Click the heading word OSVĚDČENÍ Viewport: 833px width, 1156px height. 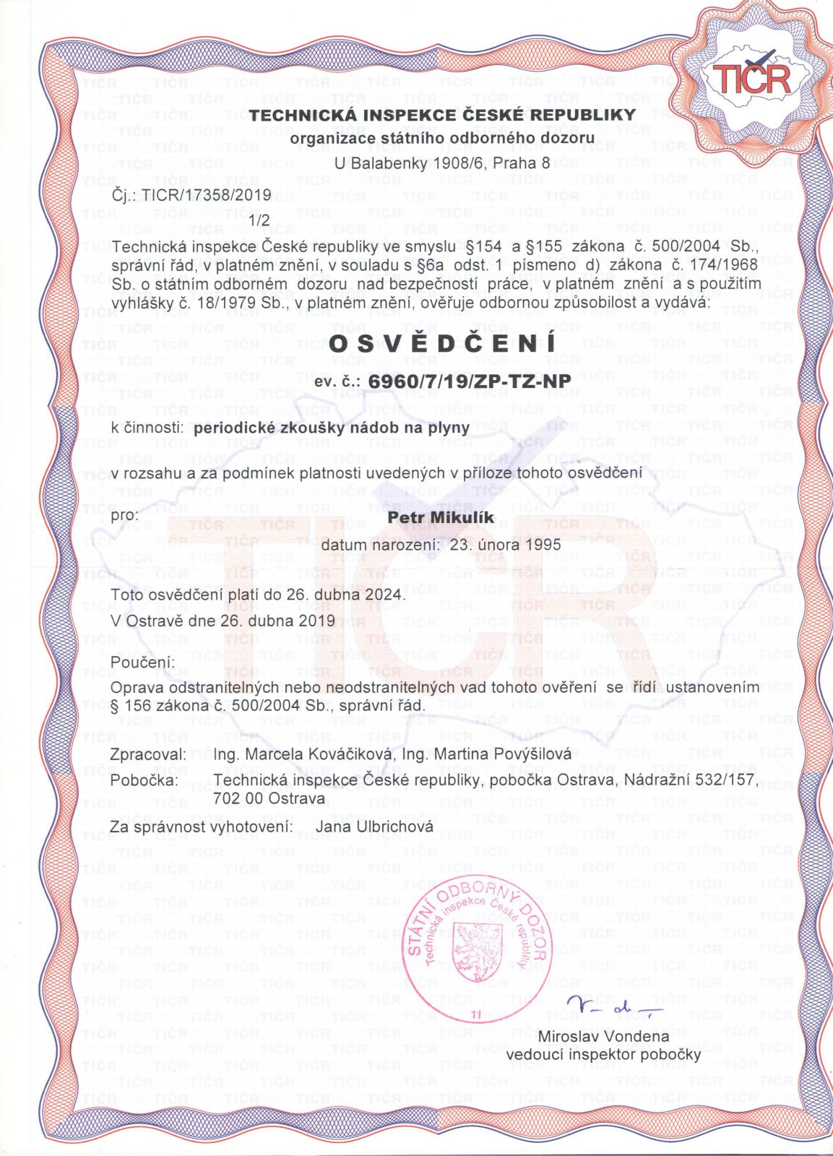coord(443,344)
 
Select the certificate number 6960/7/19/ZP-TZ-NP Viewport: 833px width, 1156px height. coord(469,380)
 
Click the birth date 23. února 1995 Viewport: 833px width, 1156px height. coord(505,544)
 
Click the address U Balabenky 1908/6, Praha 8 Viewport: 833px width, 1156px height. coord(441,163)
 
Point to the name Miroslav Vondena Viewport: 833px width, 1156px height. coord(604,1037)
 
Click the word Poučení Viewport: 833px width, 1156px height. coord(143,663)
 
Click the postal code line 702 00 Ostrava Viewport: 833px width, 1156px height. coord(269,798)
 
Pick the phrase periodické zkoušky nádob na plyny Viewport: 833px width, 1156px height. coord(332,427)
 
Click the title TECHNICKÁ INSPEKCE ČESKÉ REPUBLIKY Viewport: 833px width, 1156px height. coord(443,115)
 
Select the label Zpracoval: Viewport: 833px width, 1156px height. coord(149,754)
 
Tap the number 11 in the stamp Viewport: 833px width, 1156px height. coord(476,1015)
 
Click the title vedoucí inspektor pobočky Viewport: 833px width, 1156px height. coord(603,1055)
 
